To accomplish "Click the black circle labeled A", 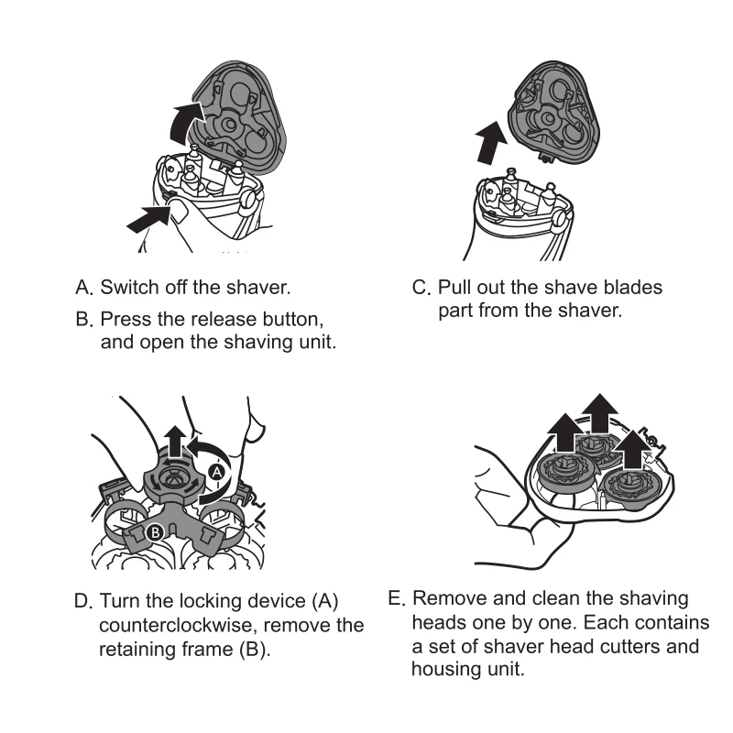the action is pos(216,472).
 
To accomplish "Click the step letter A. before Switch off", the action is pos(85,288).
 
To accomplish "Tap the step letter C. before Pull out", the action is pos(421,288).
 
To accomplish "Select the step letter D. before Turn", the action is pos(84,603).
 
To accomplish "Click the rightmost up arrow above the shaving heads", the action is pos(631,449).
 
